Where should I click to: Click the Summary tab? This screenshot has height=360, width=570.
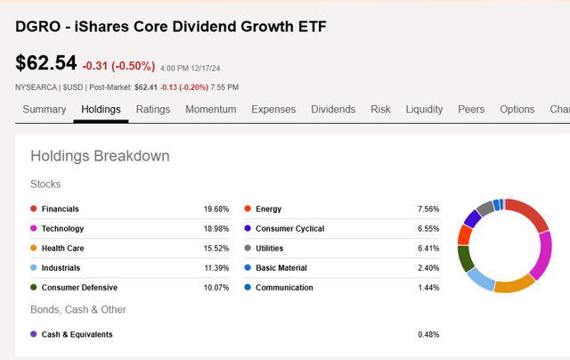pos(45,110)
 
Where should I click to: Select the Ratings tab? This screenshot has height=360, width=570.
pos(153,110)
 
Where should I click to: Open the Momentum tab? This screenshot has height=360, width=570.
pos(211,110)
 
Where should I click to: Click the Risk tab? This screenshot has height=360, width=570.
pos(380,110)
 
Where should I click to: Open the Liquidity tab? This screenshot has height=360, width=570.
pos(424,110)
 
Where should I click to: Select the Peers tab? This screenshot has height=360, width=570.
pos(471,110)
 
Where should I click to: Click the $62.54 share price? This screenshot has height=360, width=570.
pos(46,63)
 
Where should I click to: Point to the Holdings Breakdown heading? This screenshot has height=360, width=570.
pos(100,157)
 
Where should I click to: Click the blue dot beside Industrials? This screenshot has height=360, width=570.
pos(34,268)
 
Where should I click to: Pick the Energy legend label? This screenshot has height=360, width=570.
pos(268,209)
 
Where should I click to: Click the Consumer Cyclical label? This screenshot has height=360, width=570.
pos(289,229)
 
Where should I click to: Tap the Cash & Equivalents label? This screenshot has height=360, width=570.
pos(77,335)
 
